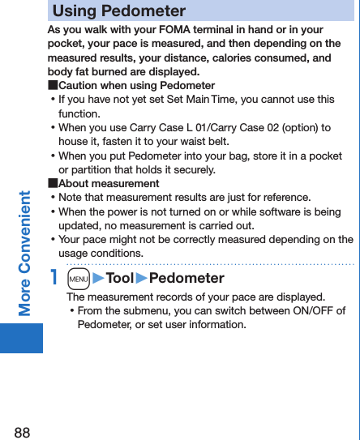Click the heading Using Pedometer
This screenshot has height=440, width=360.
pos(119,11)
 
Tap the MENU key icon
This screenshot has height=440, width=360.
pos(79,279)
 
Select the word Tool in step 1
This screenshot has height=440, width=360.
pos(119,279)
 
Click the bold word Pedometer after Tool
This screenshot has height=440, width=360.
pos(186,279)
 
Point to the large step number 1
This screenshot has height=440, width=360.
pos(54,278)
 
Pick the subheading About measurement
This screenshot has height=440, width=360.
pos(109,183)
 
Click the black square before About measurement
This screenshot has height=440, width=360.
pos(53,183)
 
